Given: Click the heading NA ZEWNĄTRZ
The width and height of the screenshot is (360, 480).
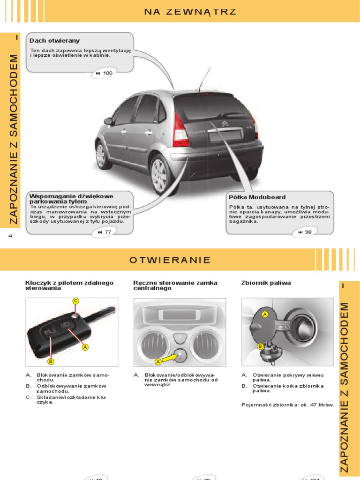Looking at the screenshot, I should coord(190,12).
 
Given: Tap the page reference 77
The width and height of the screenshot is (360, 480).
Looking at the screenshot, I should coord(104,232).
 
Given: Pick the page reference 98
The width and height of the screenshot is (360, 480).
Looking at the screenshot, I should coord(305,232).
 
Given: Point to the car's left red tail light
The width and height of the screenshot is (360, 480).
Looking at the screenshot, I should coord(180,130).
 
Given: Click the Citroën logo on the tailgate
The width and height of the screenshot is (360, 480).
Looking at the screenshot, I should coord(225,124).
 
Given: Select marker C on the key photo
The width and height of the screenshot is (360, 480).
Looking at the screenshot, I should coord(75,301).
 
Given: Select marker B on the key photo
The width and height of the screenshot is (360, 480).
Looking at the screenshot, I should coord(51,361).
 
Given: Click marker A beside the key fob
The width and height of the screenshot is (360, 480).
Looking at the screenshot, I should coord(85,347).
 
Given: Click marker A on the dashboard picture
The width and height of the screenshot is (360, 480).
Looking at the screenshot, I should coord(158,362).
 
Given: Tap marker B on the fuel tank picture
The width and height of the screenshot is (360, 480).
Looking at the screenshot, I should coord(259,346).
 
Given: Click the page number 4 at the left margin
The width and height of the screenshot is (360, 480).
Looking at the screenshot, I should coord(10,236).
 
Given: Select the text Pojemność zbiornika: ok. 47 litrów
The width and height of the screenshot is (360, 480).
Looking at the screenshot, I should coord(287,405).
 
